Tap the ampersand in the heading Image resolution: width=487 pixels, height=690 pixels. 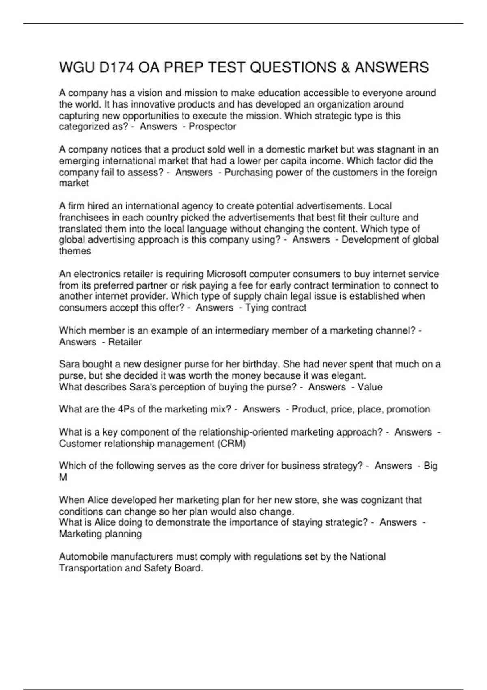[345, 67]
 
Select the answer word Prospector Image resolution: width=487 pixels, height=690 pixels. [212, 127]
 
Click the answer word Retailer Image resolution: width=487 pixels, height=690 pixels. [125, 342]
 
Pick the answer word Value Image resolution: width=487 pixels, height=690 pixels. [370, 387]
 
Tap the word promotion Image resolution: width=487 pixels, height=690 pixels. [408, 409]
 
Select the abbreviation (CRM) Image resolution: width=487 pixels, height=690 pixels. [232, 444]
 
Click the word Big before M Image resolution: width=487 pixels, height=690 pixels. [430, 466]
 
